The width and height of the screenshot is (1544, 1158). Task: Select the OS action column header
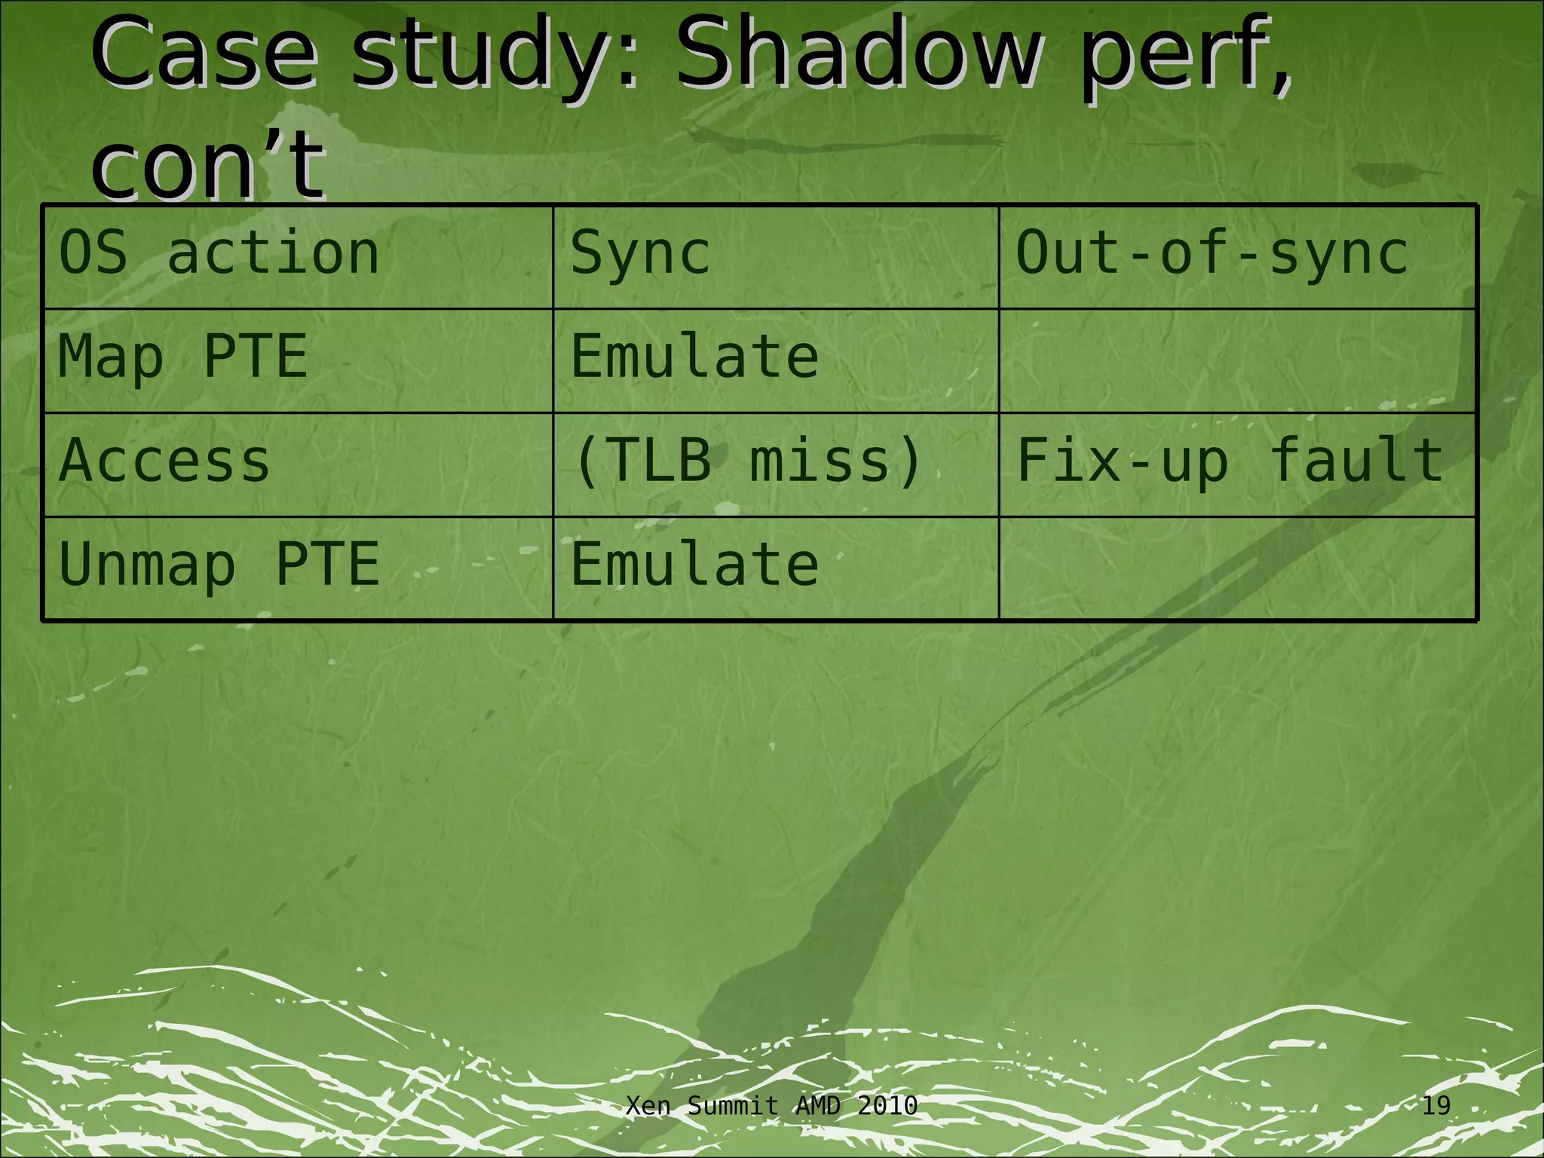point(219,253)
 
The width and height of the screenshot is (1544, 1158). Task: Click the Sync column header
point(640,253)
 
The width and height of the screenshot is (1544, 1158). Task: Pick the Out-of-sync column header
point(1212,253)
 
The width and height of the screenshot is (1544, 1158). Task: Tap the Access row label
point(164,461)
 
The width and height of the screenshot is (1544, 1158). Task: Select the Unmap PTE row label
point(219,565)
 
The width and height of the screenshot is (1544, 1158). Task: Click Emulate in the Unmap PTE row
point(694,565)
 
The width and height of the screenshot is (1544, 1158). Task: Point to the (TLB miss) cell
point(747,461)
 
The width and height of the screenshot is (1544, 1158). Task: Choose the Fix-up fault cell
point(1229,461)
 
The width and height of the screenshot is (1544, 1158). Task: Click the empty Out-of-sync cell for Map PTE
point(1236,360)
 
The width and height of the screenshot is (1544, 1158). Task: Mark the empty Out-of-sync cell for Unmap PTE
point(1236,568)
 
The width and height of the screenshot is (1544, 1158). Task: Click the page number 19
point(1435,1106)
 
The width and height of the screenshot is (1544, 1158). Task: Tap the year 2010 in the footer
point(887,1106)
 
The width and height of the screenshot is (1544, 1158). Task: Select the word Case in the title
point(202,54)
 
